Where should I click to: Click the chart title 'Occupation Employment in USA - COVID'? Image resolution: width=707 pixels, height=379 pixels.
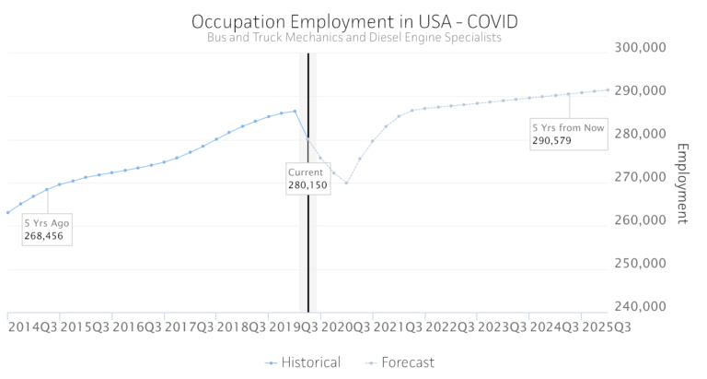pos(353,19)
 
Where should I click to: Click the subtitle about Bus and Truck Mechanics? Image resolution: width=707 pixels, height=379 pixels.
pos(353,38)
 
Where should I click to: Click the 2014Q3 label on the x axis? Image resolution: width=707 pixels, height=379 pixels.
pos(31,327)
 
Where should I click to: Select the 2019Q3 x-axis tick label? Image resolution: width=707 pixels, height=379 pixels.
pos(293,327)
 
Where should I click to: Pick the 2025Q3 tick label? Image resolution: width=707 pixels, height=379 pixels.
pos(607,327)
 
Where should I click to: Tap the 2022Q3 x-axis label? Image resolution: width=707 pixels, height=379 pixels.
pos(450,327)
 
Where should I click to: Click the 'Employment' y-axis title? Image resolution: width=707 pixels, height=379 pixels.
pos(682,184)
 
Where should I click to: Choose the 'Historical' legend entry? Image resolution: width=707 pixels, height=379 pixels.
pos(303,362)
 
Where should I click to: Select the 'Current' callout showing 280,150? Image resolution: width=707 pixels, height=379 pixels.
pos(307,178)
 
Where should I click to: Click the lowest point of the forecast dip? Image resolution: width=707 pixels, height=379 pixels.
pos(346,183)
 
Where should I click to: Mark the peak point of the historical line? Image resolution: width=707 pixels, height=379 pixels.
pos(295,112)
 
